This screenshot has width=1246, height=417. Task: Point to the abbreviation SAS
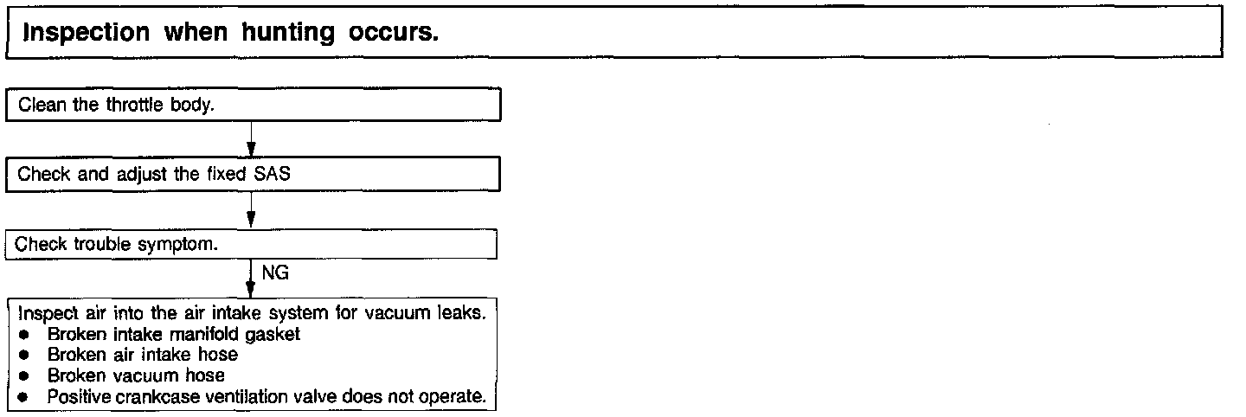[x=273, y=174]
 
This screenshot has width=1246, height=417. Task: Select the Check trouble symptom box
[x=256, y=244]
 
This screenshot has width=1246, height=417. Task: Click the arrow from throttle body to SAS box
[x=250, y=138]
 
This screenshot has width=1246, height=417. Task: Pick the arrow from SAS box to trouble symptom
[x=250, y=209]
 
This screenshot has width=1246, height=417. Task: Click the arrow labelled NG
[x=250, y=279]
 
